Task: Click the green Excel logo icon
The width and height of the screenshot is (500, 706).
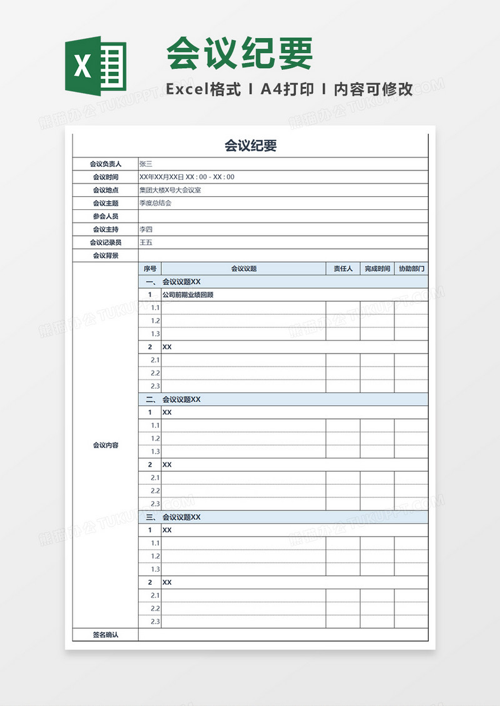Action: pos(96,65)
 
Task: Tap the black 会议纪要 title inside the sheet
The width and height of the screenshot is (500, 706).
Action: pos(250,146)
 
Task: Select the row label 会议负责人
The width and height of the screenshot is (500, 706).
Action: pos(105,164)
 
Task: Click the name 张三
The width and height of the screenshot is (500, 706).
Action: pos(146,164)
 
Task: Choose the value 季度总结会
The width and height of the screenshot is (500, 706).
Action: pos(155,203)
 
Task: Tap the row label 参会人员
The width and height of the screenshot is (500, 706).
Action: pos(105,216)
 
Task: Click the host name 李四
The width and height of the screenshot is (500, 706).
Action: pos(146,229)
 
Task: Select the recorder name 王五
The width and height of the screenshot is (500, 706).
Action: pos(146,242)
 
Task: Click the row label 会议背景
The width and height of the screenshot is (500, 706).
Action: pos(105,256)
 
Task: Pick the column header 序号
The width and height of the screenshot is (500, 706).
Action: pos(150,269)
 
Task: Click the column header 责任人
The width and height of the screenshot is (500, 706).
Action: pos(342,269)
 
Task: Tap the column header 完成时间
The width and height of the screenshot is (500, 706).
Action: pos(377,269)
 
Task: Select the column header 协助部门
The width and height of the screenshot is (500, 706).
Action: pos(411,269)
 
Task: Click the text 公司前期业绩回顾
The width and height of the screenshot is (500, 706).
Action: pos(187,295)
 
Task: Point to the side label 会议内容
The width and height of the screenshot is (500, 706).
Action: pos(105,445)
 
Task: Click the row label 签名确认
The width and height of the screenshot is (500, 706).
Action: pos(105,635)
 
